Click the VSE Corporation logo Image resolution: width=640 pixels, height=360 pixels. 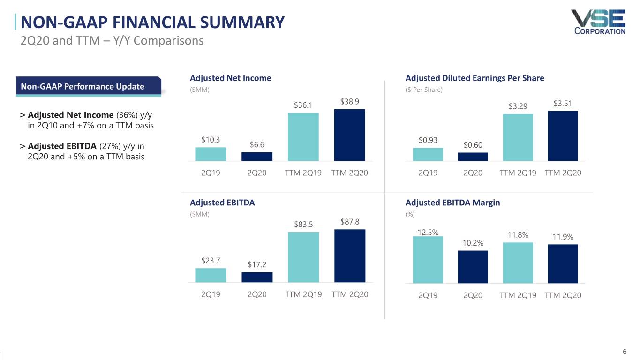coord(598,22)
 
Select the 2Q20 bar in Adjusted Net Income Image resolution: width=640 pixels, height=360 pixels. coord(257,157)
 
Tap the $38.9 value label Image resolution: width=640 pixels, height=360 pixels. coord(350,102)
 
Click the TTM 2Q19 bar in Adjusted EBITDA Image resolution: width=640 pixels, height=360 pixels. coord(303,257)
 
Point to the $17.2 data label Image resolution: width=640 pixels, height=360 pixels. coord(257,265)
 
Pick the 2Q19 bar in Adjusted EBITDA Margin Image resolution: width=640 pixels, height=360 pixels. coord(428,260)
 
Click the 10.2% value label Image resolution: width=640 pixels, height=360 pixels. coord(473,242)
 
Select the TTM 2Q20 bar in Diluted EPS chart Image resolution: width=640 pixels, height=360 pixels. coord(563,136)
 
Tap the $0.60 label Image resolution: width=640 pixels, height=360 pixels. coord(473,145)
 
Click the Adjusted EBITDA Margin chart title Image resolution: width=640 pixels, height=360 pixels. coord(452,202)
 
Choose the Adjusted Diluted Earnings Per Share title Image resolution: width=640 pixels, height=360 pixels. coord(474,78)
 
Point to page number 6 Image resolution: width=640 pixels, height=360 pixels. coord(624,352)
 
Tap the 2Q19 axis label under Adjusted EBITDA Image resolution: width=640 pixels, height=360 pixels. coord(211,294)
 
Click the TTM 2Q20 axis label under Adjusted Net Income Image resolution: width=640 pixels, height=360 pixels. coord(349,172)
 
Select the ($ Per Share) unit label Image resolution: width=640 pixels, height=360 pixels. coord(424,90)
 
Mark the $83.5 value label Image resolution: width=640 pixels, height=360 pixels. coord(303,224)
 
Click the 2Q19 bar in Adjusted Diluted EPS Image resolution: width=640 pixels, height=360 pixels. coord(428,154)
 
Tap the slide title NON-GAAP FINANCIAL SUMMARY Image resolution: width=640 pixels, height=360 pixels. coord(152,22)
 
